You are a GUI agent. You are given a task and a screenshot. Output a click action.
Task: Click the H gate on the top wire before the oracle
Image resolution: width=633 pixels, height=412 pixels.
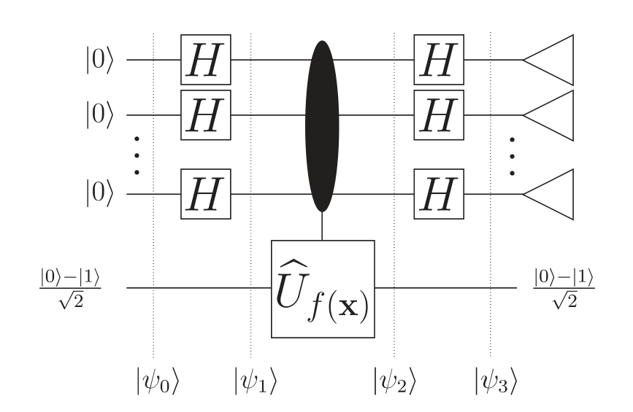click(206, 60)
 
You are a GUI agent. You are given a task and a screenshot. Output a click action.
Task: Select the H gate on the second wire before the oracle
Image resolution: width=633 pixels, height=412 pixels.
click(206, 114)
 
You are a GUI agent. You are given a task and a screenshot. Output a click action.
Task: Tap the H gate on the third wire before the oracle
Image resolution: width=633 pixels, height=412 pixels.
click(206, 194)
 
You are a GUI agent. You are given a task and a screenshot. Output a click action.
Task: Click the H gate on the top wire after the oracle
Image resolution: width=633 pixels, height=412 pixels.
click(439, 60)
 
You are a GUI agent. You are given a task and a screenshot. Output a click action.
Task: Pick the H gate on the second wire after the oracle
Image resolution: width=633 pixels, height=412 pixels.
click(439, 114)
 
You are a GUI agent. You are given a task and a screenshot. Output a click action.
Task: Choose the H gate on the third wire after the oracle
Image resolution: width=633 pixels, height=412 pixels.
click(439, 194)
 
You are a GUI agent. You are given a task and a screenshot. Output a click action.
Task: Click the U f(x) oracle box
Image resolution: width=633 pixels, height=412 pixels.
click(322, 289)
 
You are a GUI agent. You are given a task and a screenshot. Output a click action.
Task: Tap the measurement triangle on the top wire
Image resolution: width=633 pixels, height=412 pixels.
click(548, 60)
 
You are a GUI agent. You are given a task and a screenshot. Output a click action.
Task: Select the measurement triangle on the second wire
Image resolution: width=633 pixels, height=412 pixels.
click(548, 114)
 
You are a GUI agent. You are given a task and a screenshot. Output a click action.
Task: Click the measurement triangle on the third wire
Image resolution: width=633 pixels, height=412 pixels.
click(548, 194)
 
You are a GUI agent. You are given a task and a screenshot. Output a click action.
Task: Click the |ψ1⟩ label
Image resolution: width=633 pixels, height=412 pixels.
click(256, 380)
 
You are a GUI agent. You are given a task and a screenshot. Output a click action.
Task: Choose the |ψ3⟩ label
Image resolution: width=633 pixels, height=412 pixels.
click(496, 380)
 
